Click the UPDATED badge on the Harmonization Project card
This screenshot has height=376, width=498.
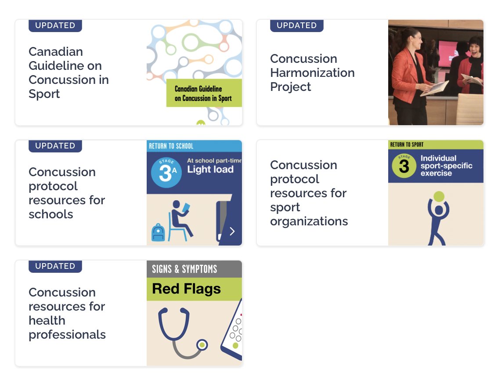(x=296, y=25)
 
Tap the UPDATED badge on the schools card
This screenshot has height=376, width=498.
(x=55, y=146)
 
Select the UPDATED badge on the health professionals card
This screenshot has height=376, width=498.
(x=55, y=266)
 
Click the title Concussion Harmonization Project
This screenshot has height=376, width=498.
(x=312, y=72)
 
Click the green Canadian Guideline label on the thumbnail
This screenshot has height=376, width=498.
(x=204, y=93)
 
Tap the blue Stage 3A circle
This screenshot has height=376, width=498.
(x=166, y=173)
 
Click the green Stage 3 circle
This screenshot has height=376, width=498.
(x=404, y=166)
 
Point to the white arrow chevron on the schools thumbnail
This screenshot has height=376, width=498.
(x=232, y=231)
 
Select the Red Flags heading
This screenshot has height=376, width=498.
(x=186, y=289)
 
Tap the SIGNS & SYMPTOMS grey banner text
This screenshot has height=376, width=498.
(x=184, y=269)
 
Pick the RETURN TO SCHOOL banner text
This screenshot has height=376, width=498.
(x=171, y=146)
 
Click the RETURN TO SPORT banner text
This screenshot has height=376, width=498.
(x=407, y=144)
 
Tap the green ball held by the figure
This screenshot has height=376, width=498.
(x=439, y=196)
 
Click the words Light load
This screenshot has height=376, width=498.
(x=210, y=170)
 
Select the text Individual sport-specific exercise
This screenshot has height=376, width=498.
(x=446, y=166)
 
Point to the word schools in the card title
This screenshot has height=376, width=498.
(x=51, y=214)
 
